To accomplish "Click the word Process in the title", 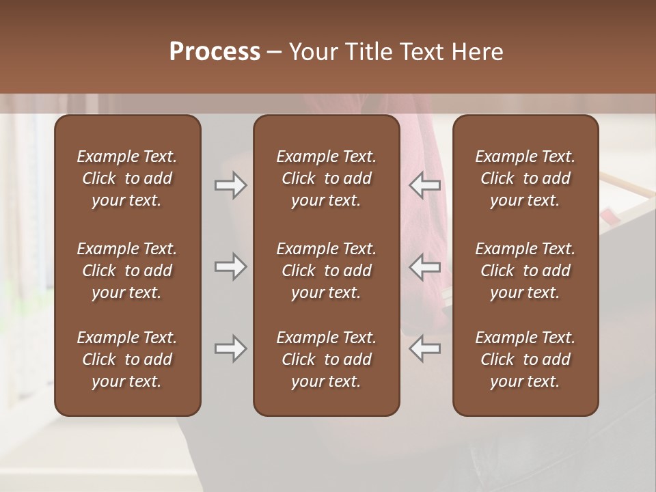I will (215, 52).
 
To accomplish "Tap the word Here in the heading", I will (477, 52).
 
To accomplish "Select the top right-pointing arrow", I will (230, 185).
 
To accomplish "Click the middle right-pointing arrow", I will (230, 266).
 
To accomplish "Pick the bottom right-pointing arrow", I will (230, 348).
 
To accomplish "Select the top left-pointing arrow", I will (425, 185).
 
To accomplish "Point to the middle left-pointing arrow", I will (425, 266).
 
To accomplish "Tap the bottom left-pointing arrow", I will (425, 348).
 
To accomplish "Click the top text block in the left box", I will (127, 178).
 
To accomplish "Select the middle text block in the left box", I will (127, 271).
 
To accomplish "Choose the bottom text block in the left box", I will (127, 359).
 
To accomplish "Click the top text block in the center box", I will (327, 178).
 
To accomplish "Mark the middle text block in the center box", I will (327, 271).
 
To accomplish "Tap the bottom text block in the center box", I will (327, 359).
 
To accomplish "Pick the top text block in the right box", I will (525, 178).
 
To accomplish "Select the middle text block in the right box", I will (525, 271).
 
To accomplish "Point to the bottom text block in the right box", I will (525, 359).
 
